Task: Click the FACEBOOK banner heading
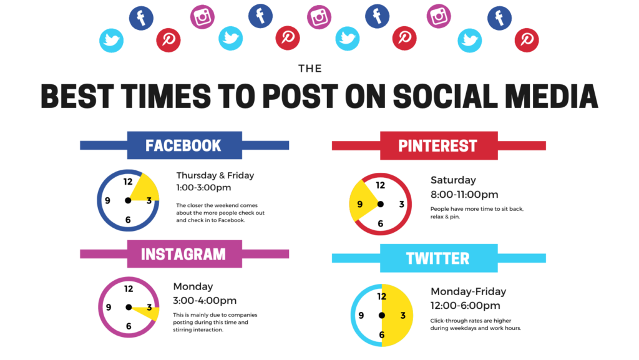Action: click(x=183, y=145)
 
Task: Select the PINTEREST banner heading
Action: click(x=437, y=146)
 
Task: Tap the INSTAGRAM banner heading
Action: click(x=183, y=254)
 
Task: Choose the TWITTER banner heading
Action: click(x=437, y=258)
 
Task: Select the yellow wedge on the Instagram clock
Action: click(x=147, y=311)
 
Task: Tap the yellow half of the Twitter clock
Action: click(x=398, y=315)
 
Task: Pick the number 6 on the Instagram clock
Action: click(x=129, y=326)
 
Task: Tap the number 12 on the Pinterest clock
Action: click(x=380, y=185)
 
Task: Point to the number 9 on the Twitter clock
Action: click(x=361, y=315)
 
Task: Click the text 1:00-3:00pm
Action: click(x=203, y=187)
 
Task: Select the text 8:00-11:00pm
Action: click(x=464, y=195)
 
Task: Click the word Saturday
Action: click(x=453, y=180)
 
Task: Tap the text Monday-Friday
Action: click(x=468, y=291)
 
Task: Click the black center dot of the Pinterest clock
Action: click(x=380, y=204)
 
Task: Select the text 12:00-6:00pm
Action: click(x=465, y=305)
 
